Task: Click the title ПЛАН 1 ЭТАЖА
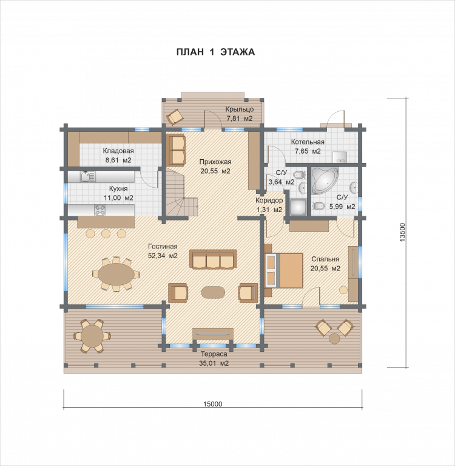215,52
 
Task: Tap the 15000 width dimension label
212,404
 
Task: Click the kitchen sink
88,177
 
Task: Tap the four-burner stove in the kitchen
100,210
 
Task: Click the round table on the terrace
93,336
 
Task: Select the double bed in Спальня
284,270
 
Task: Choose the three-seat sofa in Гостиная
213,259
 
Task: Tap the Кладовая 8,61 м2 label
118,156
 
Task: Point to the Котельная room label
308,142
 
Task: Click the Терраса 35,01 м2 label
214,358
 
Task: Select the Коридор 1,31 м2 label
269,205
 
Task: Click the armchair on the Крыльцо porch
175,117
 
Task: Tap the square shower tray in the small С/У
298,207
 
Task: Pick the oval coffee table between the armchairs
213,292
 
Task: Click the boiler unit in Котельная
340,157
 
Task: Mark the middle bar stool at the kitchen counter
106,233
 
